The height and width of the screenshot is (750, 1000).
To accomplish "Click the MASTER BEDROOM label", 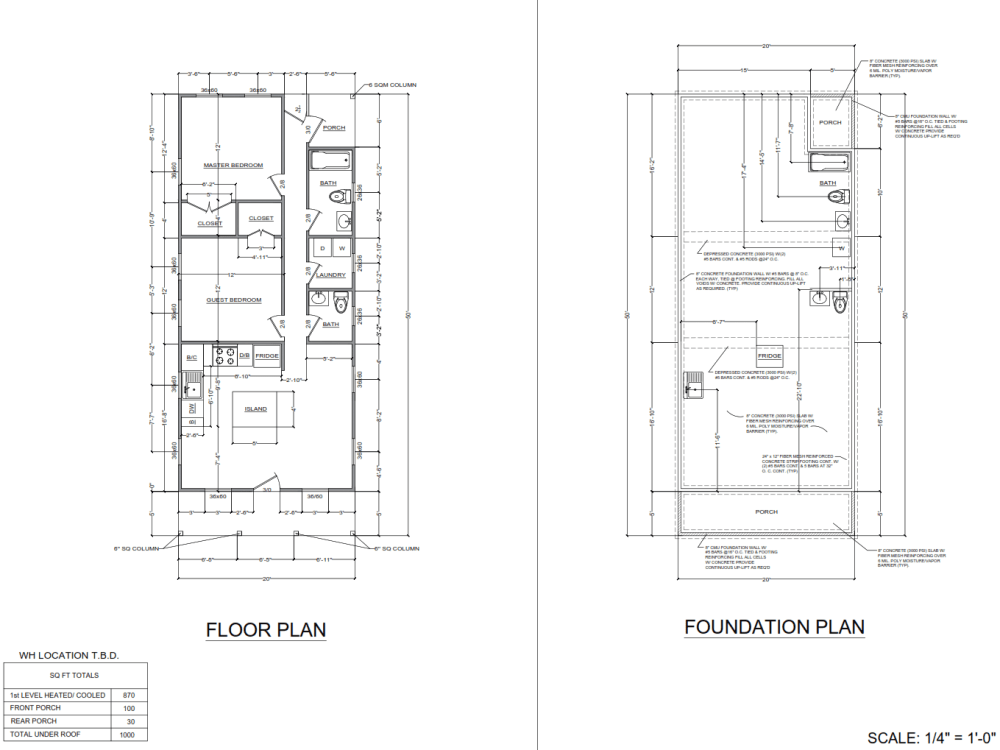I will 233,165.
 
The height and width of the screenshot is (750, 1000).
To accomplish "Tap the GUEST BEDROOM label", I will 233,300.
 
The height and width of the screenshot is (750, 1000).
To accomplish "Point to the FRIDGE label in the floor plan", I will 266,355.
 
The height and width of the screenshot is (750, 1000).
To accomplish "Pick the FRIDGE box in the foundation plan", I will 769,357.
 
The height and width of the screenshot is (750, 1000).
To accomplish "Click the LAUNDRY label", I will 331,275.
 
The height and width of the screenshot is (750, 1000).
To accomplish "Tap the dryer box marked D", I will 323,248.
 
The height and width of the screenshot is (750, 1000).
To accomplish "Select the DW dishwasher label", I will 192,408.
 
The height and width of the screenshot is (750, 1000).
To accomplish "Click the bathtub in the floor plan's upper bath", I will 330,161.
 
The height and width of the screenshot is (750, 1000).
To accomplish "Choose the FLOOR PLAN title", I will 266,630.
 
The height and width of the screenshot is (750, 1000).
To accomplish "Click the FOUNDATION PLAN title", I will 774,627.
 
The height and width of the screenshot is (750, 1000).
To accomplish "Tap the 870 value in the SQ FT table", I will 129,694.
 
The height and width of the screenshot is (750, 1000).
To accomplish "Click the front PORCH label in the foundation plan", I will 766,512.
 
